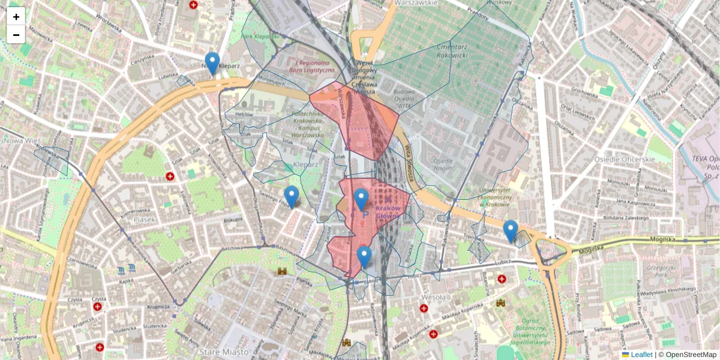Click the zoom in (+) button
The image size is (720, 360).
(16, 17)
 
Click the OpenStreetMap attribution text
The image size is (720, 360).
(689, 355)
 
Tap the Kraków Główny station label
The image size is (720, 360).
(391, 212)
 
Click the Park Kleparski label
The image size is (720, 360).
(260, 37)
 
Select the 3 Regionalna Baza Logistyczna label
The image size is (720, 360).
(311, 67)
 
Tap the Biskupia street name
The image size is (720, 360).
(231, 220)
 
